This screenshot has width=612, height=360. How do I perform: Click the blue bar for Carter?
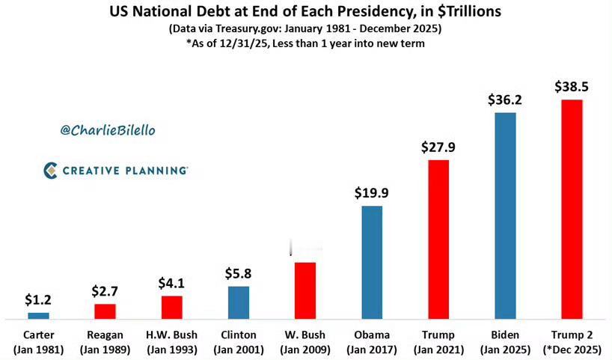pyautogui.click(x=38, y=315)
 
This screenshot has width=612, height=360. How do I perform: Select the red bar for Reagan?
pyautogui.click(x=105, y=311)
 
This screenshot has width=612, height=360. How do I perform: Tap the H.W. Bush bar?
pyautogui.click(x=171, y=307)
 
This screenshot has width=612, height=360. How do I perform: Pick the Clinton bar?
pyautogui.click(x=239, y=302)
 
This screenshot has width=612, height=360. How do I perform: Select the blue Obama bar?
pyautogui.click(x=372, y=261)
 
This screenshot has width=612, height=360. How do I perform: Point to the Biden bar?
pyautogui.click(x=505, y=216)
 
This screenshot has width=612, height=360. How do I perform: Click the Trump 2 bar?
pyautogui.click(x=572, y=209)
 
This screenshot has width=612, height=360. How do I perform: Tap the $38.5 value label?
pyautogui.click(x=572, y=87)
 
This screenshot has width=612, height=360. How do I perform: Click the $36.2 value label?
pyautogui.click(x=505, y=100)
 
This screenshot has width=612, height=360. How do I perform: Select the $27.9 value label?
pyautogui.click(x=438, y=147)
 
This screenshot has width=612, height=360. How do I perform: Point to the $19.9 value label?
pyautogui.click(x=372, y=192)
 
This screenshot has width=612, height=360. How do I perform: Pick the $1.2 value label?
pyautogui.click(x=38, y=299)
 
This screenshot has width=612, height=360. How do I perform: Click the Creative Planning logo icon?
pyautogui.click(x=50, y=171)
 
